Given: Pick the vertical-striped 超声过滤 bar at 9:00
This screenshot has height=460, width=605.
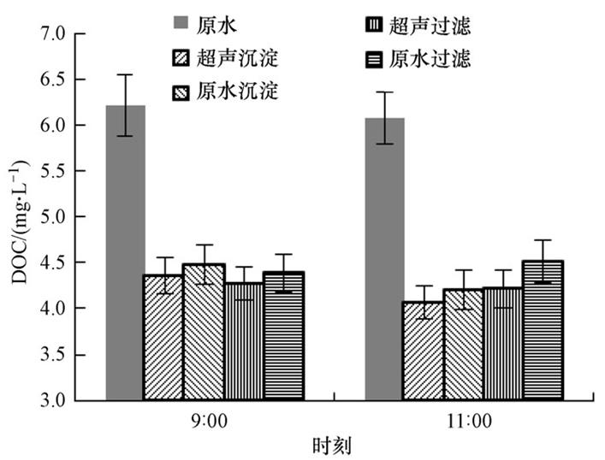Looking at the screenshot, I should tap(244, 342).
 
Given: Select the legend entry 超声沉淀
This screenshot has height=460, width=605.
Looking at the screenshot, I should tap(225, 60).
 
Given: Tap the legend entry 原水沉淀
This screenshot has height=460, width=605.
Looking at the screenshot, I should tap(225, 90).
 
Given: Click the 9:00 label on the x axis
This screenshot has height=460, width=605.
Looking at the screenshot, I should tap(204, 421).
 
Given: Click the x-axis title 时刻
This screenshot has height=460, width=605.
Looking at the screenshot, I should tap(332, 445).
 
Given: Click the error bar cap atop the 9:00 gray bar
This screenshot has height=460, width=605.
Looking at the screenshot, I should tap(125, 74).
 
